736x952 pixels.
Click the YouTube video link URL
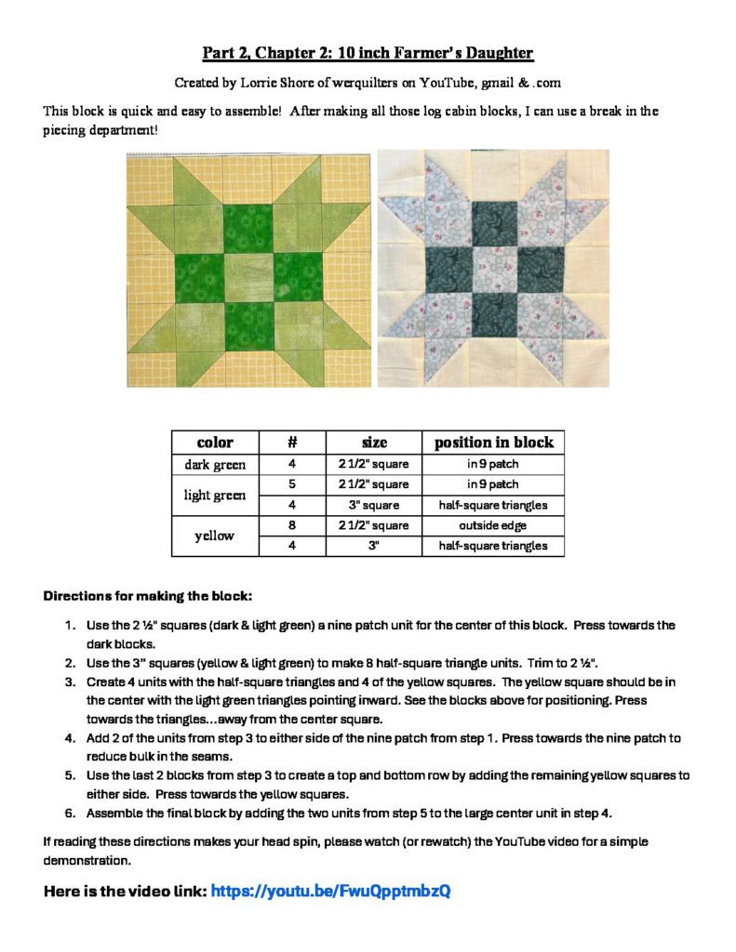pos(330,891)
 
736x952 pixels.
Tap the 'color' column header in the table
pos(215,443)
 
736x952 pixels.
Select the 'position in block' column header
pos(493,443)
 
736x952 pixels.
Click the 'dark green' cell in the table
pos(215,464)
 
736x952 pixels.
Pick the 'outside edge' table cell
pos(493,525)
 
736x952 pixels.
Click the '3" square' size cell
pos(374,505)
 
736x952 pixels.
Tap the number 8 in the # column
pos(292,525)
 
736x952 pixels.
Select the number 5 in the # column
pos(292,484)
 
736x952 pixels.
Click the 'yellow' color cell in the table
pos(215,535)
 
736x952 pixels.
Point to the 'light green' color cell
pos(215,495)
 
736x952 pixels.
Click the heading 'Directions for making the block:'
pos(148,595)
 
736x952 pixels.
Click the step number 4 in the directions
pos(70,738)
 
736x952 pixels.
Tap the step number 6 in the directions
pos(70,813)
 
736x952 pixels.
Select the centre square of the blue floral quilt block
pos(492,270)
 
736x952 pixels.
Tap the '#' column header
pos(292,443)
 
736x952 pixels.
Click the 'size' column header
pos(374,443)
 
